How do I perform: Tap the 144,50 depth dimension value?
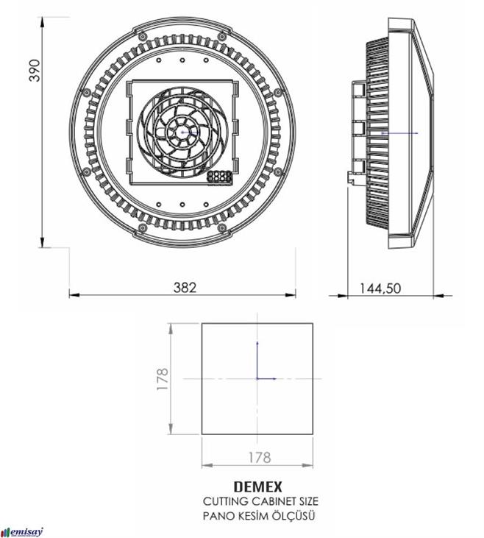pos(380,289)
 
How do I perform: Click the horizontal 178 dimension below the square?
pos(257,457)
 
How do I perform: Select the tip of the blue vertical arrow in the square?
pos(257,342)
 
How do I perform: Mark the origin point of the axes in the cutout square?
pos(257,378)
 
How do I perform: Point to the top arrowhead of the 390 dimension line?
pos(43,21)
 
